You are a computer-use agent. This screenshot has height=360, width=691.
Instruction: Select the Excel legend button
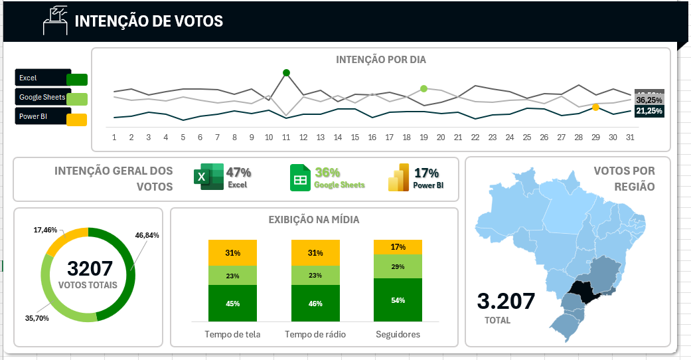coord(51,78)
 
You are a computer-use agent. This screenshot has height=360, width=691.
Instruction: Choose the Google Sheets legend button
coord(51,98)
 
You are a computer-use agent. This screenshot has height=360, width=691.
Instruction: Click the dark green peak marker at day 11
coord(286,72)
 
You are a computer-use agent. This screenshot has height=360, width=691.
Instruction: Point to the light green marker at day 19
coord(423,88)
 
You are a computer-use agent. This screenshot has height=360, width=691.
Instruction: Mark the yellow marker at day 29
coord(595,107)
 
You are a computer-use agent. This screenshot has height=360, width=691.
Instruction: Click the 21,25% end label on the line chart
coord(649,111)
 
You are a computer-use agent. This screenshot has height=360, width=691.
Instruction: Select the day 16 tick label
coord(372,137)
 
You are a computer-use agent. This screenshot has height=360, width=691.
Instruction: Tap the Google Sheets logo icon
coord(301,177)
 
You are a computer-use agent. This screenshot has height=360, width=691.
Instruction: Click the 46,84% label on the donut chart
coord(147,235)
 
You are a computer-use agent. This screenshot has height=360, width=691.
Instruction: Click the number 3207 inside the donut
coord(90,269)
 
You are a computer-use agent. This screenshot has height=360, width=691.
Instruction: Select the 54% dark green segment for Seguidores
coord(398,301)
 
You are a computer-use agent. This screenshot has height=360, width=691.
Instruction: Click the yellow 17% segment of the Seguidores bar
coord(398,247)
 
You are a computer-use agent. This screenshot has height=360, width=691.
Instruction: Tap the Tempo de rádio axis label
coord(315,334)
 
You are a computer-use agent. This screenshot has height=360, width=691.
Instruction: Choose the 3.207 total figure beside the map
coord(506,301)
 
